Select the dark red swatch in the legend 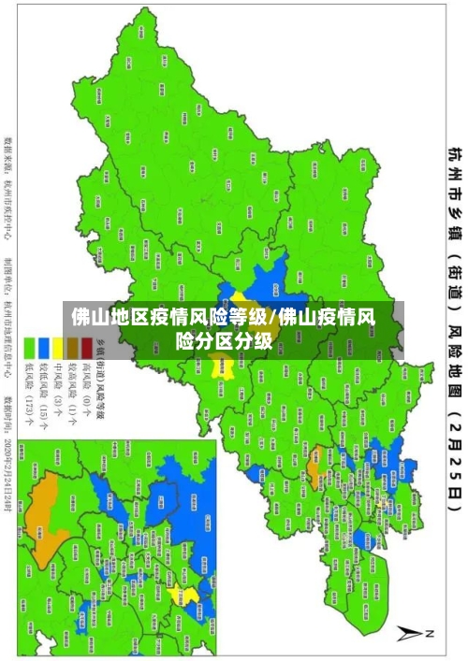click(86, 343)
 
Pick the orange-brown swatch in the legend click(71, 343)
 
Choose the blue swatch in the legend click(43, 343)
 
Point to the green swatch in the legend click(29, 343)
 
